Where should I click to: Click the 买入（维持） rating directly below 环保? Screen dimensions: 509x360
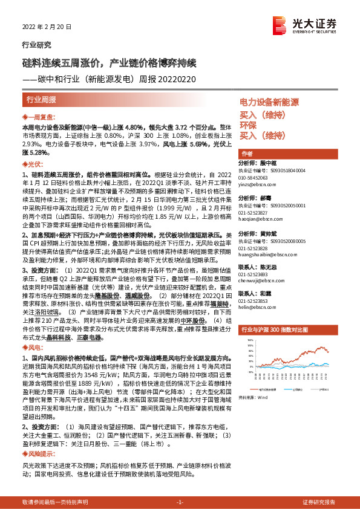(x=262, y=135)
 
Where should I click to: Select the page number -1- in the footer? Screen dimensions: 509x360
(x=180, y=502)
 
